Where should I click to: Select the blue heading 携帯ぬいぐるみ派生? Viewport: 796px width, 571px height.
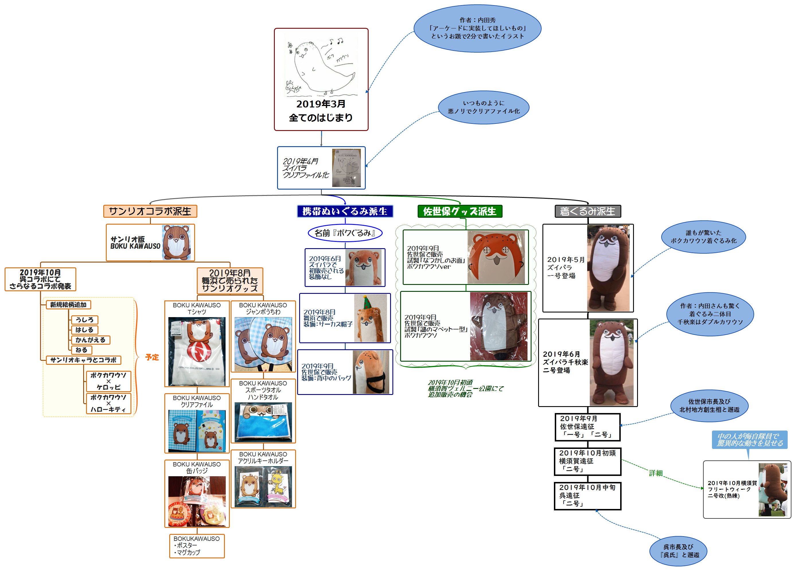(x=345, y=211)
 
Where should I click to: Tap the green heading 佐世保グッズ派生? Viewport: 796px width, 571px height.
(x=460, y=211)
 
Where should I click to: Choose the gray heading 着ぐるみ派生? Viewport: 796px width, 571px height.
(x=587, y=211)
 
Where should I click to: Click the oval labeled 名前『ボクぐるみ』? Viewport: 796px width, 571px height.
(x=345, y=233)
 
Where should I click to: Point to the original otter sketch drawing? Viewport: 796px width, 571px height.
(x=320, y=67)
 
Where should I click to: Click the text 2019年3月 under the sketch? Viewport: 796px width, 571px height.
(x=321, y=104)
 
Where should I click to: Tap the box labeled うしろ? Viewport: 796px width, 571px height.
(x=85, y=320)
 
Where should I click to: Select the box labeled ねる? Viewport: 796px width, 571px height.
(x=81, y=350)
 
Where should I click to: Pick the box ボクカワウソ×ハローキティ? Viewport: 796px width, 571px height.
(x=108, y=403)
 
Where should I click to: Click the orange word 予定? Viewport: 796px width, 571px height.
(x=152, y=357)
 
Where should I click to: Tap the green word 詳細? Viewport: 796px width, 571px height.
(x=656, y=473)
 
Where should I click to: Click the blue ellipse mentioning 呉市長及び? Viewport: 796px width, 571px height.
(x=678, y=551)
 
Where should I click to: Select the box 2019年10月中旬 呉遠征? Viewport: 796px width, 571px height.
(x=587, y=496)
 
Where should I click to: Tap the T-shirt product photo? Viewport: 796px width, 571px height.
(x=197, y=351)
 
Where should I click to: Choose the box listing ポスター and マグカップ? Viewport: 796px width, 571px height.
(x=197, y=546)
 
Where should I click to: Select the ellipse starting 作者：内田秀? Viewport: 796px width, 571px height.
(x=477, y=28)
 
